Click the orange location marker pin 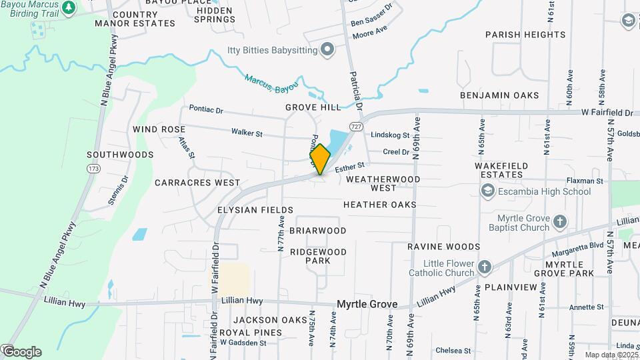click(x=320, y=159)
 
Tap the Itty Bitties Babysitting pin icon click(x=327, y=49)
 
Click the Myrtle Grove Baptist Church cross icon click(x=561, y=222)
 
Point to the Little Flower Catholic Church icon click(x=485, y=267)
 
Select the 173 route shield click(x=91, y=169)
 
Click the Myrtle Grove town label click(x=367, y=304)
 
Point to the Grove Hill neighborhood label click(x=313, y=107)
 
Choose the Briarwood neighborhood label click(x=318, y=231)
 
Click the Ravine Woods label click(x=444, y=247)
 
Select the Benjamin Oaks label click(x=499, y=95)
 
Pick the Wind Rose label click(x=159, y=129)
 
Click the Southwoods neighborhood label click(x=120, y=155)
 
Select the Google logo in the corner click(x=21, y=351)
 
